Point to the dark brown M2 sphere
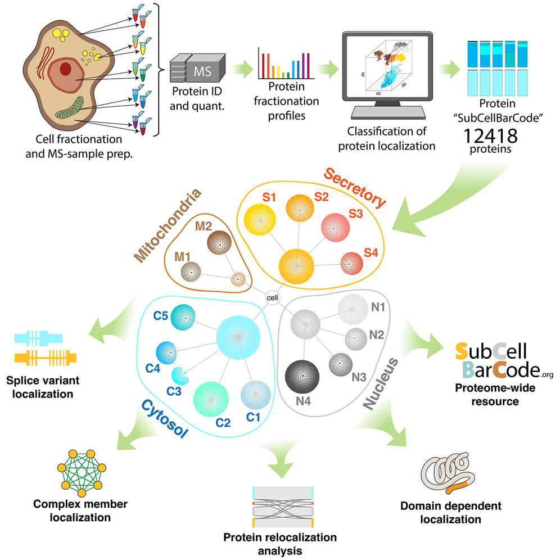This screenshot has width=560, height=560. pyautogui.click(x=220, y=245)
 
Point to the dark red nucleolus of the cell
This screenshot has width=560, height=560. pyautogui.click(x=66, y=69)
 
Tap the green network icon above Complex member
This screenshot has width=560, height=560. pyautogui.click(x=79, y=471)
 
